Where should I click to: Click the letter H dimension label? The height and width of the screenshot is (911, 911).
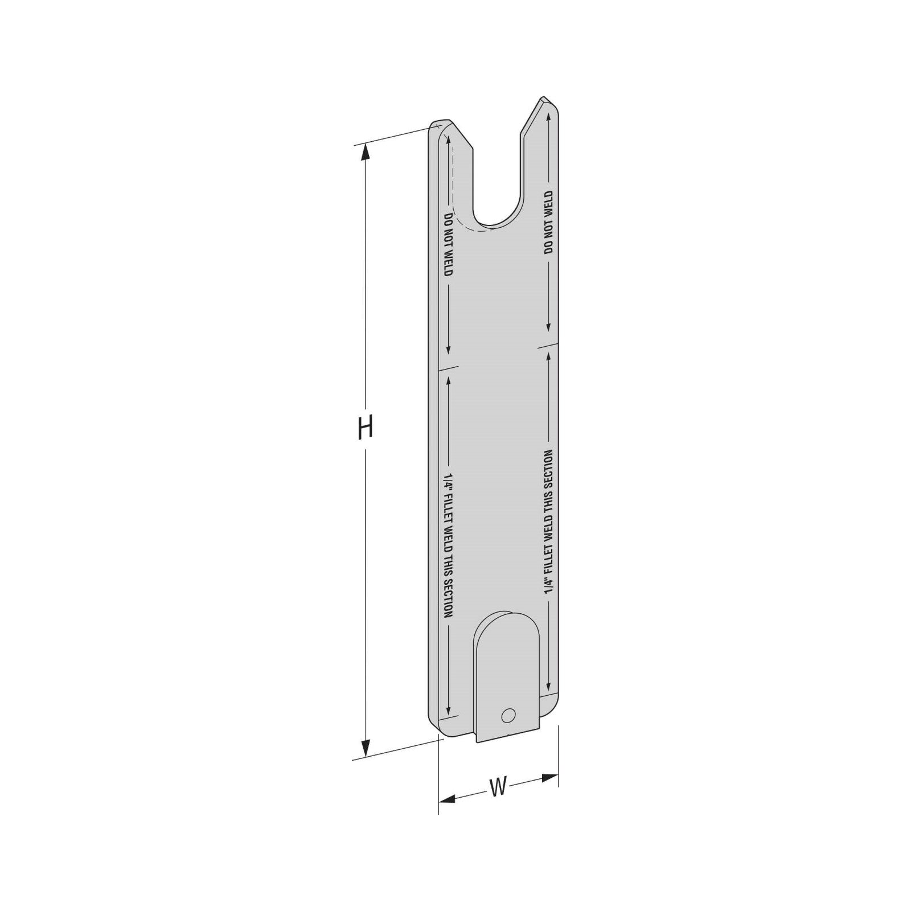(x=365, y=428)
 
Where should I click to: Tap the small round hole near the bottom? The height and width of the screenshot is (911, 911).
(x=508, y=715)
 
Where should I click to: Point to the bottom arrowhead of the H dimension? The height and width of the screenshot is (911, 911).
(x=366, y=748)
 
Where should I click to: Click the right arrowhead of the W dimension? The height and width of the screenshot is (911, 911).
(x=549, y=778)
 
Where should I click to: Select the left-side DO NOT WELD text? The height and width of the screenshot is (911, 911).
(x=448, y=245)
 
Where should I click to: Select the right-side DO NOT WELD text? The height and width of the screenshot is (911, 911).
(x=548, y=222)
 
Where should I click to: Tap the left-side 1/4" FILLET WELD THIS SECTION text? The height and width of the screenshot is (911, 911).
(x=448, y=545)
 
